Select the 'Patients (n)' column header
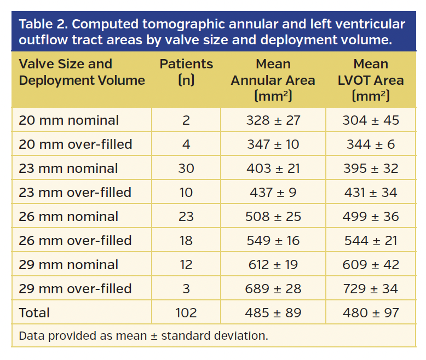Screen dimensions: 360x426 click(186, 72)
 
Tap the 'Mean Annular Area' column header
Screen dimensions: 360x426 click(273, 80)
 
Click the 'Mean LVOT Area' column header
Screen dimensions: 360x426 click(370, 80)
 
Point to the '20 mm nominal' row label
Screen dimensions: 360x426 click(68, 120)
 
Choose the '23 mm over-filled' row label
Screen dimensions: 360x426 click(75, 193)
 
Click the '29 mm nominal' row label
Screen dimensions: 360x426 click(68, 265)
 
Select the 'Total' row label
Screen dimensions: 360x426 click(34, 313)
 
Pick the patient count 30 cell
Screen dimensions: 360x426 click(186, 169)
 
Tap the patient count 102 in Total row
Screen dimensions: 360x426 click(186, 313)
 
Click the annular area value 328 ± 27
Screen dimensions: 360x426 click(273, 120)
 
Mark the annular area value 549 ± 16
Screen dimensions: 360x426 click(273, 241)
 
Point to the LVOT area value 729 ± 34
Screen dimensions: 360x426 click(370, 289)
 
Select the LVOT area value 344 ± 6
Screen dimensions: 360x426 click(370, 144)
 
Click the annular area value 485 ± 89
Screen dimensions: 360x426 click(273, 313)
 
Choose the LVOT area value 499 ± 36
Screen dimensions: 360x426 click(370, 217)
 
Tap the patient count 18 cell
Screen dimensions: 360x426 click(186, 241)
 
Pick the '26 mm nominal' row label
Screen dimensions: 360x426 click(68, 217)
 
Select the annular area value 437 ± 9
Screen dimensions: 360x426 click(273, 193)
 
